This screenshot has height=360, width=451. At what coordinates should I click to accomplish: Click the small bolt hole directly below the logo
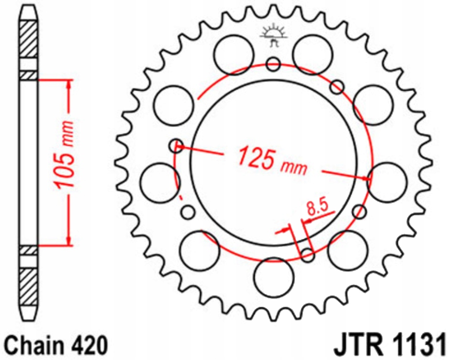pos(273,64)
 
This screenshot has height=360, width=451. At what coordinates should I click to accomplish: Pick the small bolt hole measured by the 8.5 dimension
pos(307,255)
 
